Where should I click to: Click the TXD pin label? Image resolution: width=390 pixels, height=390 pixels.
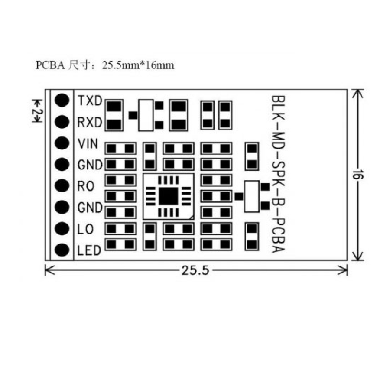click(x=90, y=101)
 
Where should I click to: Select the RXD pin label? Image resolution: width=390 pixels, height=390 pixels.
click(x=90, y=122)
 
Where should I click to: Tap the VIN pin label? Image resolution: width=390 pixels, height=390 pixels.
click(x=88, y=143)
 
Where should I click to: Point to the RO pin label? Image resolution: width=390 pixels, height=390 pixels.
click(x=86, y=186)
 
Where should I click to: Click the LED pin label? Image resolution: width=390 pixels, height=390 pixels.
click(x=89, y=250)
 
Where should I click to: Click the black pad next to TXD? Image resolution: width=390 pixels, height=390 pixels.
click(x=62, y=100)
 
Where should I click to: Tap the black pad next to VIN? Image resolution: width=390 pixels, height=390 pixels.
click(x=62, y=143)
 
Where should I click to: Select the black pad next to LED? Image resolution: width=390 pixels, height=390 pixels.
click(x=62, y=250)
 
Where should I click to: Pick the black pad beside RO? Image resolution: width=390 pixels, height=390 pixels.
click(x=62, y=186)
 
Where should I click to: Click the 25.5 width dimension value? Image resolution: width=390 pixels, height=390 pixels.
click(x=195, y=271)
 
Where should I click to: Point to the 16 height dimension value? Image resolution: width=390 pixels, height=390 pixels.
click(x=357, y=175)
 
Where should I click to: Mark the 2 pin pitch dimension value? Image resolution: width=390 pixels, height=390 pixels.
click(x=36, y=114)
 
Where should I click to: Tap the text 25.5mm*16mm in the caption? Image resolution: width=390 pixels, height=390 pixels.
click(x=138, y=65)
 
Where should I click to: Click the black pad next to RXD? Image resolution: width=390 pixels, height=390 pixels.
click(x=62, y=122)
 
